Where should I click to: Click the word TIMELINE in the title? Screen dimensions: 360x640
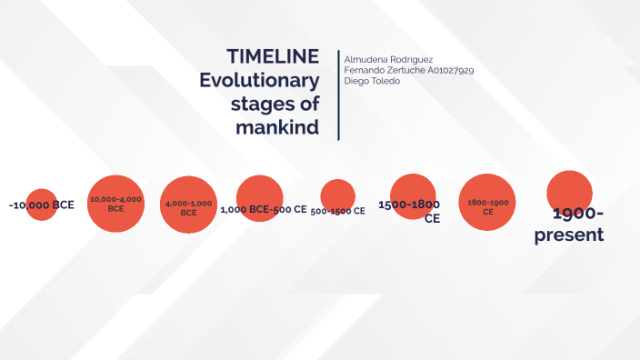pos(273,56)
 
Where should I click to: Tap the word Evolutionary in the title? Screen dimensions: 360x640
pos(260,80)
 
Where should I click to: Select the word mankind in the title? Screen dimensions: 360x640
pos(277,127)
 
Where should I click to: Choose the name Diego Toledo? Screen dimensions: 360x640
pos(372,81)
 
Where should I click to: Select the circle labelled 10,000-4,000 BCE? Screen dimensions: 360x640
pos(115,202)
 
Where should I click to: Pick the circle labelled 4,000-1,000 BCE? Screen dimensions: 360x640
pos(189,204)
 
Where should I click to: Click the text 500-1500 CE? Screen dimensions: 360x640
pos(337,211)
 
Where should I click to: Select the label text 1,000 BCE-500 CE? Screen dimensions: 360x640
pos(264,209)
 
